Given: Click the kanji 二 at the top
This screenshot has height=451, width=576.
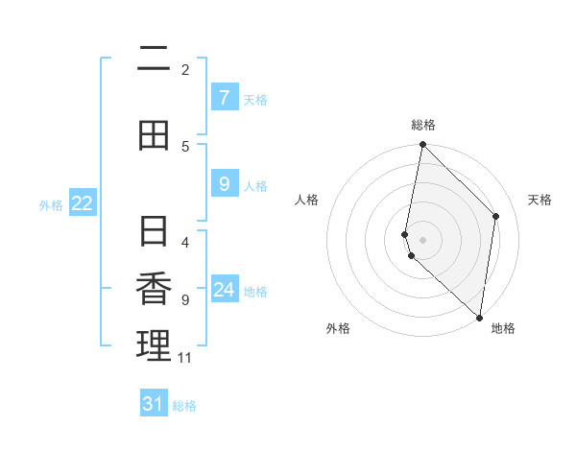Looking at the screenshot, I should point(154,59).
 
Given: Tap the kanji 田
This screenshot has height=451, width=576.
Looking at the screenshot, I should point(154,135).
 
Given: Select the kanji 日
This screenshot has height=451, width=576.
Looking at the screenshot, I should point(154,231).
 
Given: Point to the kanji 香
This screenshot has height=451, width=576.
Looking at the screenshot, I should point(154,289).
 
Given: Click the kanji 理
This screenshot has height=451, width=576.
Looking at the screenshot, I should point(154,346).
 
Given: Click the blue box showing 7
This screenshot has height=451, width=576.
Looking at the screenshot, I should point(224,97).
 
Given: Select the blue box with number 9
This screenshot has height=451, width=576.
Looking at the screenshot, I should point(224,183).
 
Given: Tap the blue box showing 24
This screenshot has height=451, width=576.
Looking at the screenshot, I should point(224,289).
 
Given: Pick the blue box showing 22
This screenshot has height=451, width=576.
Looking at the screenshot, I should point(83,202).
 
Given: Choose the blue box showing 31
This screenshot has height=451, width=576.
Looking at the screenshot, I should point(154,404).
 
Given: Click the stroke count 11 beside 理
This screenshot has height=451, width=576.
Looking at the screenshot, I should point(185,358).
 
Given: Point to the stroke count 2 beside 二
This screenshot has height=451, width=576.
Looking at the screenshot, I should point(185,70).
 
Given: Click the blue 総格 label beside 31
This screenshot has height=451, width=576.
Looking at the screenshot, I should point(184,406).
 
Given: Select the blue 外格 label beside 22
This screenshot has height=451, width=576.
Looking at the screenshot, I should point(51,204).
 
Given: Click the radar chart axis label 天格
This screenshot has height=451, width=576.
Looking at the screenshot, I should point(540,200).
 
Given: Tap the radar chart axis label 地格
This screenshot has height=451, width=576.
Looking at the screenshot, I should point(503,328).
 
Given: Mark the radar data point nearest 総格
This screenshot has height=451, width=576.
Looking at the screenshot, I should point(422,145).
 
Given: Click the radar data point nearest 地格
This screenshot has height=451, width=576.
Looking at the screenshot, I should point(479,317).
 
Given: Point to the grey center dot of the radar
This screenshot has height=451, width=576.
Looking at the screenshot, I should point(422,239).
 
